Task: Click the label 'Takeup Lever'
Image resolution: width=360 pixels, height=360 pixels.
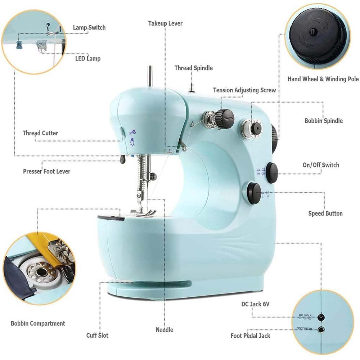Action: pyautogui.click(x=165, y=23)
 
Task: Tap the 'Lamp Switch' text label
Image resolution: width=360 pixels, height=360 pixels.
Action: pyautogui.click(x=89, y=28)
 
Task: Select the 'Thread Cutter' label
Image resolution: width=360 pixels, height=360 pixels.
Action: pyautogui.click(x=40, y=133)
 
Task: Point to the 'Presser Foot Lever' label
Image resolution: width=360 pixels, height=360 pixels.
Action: pyautogui.click(x=47, y=171)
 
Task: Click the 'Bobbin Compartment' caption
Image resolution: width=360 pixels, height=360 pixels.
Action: pyautogui.click(x=38, y=323)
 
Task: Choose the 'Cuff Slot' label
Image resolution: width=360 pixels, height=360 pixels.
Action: pyautogui.click(x=97, y=336)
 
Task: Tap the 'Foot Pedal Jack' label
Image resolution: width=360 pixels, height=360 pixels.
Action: pyautogui.click(x=250, y=336)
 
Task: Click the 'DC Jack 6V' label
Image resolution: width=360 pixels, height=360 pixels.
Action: pyautogui.click(x=255, y=304)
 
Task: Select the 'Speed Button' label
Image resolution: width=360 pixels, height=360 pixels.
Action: pyautogui.click(x=325, y=213)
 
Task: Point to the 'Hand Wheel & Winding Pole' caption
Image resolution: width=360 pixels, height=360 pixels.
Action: pyautogui.click(x=323, y=79)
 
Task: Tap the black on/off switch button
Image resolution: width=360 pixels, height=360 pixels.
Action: pyautogui.click(x=272, y=170)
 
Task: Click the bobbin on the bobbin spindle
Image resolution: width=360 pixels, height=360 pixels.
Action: pyautogui.click(x=256, y=128)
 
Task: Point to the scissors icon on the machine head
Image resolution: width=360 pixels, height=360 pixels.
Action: pyautogui.click(x=132, y=132)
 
